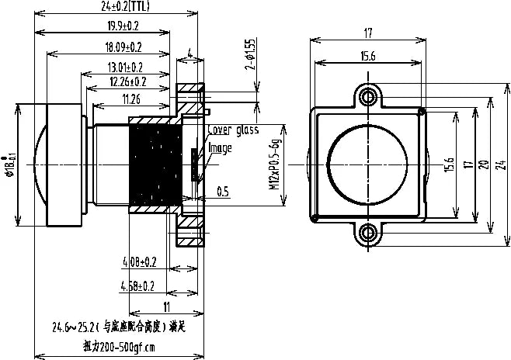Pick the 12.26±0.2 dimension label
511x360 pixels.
click(x=128, y=81)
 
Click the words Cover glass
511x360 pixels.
click(x=233, y=130)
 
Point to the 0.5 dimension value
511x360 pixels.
click(x=222, y=191)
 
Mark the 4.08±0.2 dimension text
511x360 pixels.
click(x=140, y=261)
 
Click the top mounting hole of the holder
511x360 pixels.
click(x=368, y=96)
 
